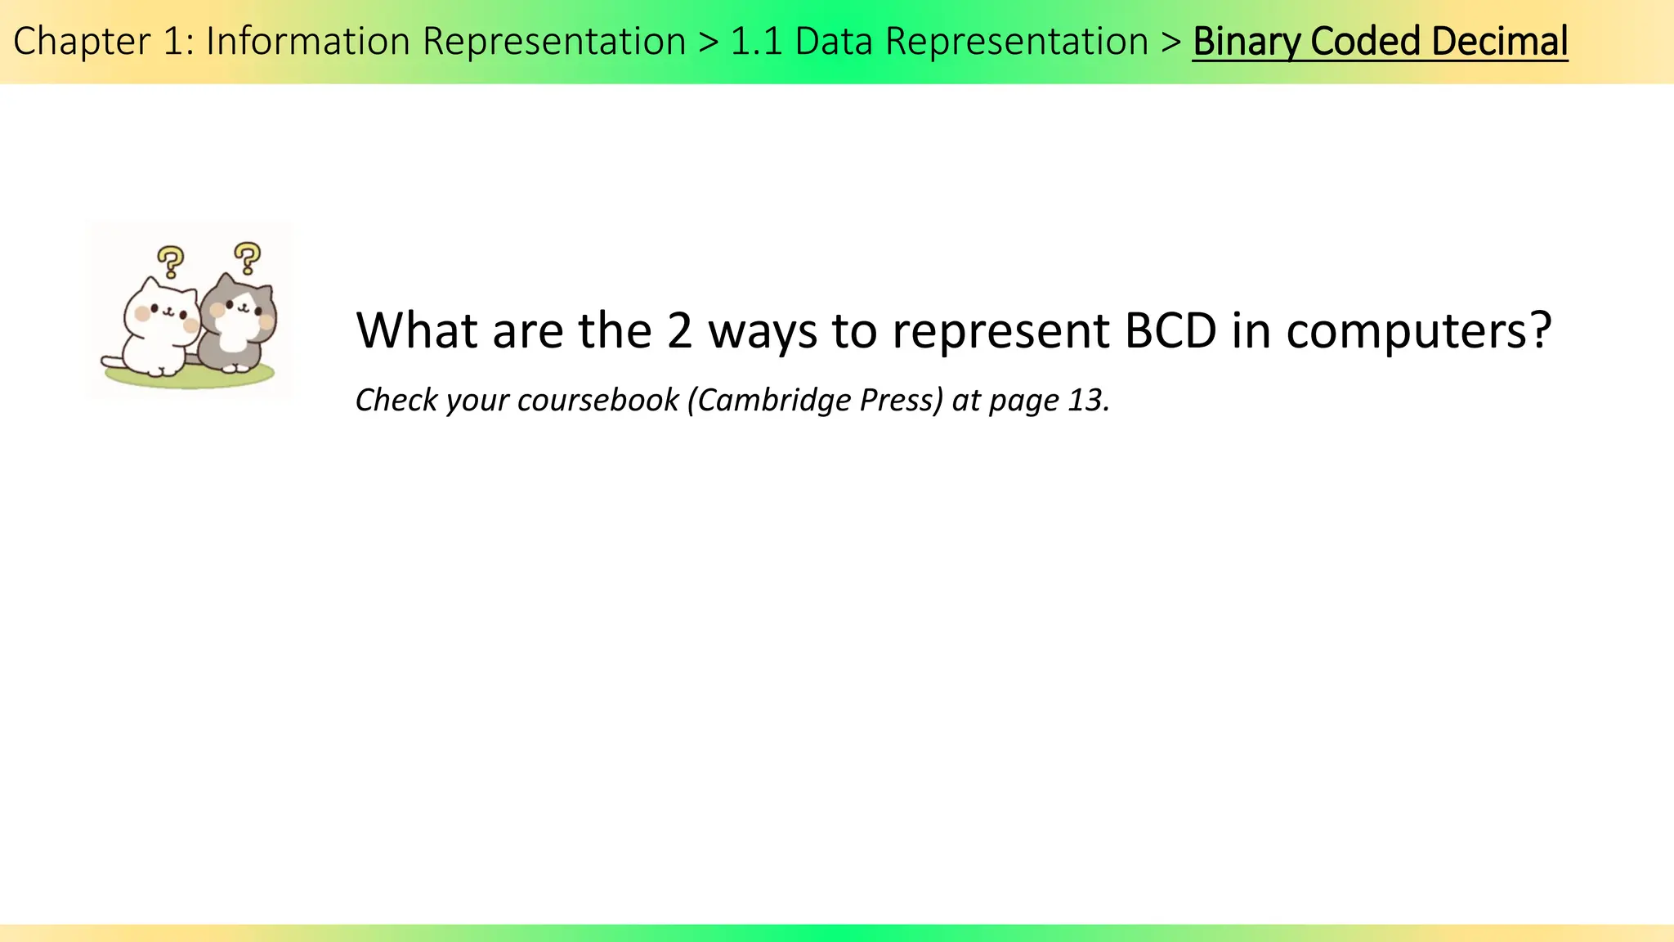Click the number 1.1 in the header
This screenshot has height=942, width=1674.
756,43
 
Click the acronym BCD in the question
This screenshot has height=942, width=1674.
1170,330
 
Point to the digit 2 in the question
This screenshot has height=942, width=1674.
679,330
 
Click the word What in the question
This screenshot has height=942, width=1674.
417,330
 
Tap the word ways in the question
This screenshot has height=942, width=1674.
763,332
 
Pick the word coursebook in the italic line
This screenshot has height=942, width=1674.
598,400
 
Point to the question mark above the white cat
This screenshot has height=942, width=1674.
170,262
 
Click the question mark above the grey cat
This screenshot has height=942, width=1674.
247,258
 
